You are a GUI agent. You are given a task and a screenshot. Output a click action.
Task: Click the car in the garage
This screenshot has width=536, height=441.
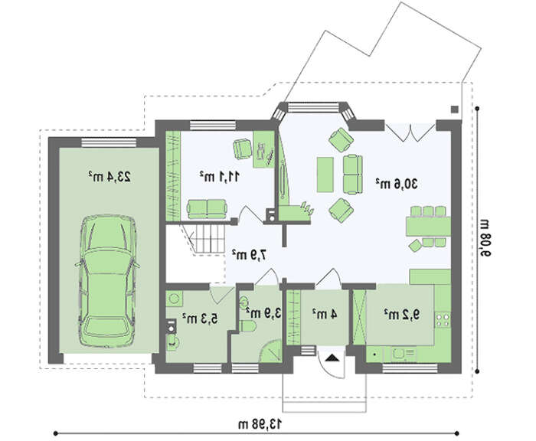coord(108,281)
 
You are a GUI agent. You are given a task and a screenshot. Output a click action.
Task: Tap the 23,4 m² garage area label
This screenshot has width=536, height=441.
coord(109,176)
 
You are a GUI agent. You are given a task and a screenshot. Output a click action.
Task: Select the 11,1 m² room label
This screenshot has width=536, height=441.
coord(220,176)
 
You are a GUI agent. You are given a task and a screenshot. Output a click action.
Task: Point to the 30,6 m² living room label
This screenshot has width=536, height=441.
coord(397,184)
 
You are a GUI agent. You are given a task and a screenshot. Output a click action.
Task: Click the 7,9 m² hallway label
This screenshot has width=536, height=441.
coord(249,254)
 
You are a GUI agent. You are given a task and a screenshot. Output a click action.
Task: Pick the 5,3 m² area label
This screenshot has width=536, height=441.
coord(200,318)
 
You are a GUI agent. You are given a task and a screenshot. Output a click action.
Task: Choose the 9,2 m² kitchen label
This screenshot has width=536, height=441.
coord(401,314)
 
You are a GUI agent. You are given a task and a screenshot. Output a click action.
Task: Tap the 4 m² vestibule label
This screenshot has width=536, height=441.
coord(325,314)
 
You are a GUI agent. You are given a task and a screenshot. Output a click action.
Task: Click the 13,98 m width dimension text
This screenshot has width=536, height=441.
coord(260,424)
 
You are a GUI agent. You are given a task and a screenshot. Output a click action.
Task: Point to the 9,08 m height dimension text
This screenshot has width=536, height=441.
coord(485,237)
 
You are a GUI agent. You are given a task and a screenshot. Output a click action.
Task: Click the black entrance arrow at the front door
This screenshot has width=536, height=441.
coord(332,358)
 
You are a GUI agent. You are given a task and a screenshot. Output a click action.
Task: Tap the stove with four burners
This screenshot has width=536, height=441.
coord(443,320)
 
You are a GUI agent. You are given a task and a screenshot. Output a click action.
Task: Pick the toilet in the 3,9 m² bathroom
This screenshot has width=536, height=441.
coord(247,326)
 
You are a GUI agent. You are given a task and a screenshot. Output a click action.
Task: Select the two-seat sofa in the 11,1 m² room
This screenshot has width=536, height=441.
coord(207,209)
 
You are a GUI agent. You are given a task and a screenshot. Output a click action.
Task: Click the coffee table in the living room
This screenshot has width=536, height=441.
coord(325,175)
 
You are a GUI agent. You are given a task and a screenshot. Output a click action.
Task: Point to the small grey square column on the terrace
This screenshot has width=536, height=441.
coord(454,109)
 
